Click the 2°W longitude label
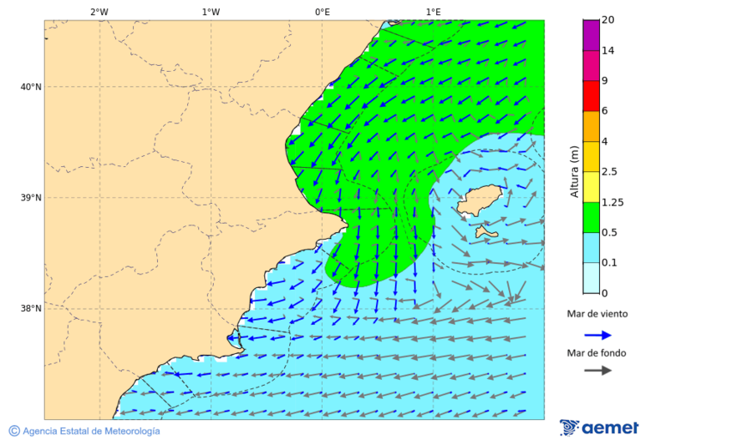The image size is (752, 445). pos(99,12)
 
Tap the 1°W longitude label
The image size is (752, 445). pos(211,12)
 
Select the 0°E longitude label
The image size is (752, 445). pos(322,12)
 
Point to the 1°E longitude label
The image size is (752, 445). pos(433,12)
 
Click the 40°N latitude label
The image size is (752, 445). pos(30,87)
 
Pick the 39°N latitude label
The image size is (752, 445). pos(30,198)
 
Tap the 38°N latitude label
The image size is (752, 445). pos(30,309)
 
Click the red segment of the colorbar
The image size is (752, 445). pos(591,96)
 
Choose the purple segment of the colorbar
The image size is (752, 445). pos(591,35)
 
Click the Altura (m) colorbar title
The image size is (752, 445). pos(574,172)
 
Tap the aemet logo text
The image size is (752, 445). pos(610,428)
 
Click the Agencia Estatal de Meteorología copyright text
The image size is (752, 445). pos(90,431)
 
